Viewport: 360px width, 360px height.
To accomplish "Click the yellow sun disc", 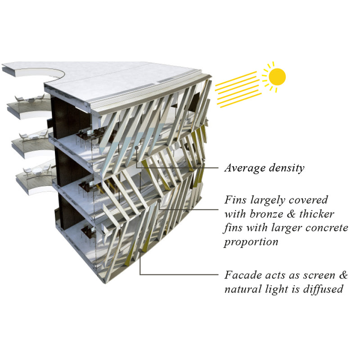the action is (277, 77).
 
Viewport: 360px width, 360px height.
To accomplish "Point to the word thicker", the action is (317, 214).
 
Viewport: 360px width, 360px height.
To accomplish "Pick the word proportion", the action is (251, 242).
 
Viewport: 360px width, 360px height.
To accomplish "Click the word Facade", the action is (243, 275).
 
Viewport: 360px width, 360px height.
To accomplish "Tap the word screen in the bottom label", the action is (319, 275).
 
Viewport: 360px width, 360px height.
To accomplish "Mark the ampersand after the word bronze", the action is (291, 214).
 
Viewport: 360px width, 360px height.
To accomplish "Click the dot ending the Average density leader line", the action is (137, 148).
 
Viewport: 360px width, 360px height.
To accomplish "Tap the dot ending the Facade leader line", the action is (140, 250).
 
